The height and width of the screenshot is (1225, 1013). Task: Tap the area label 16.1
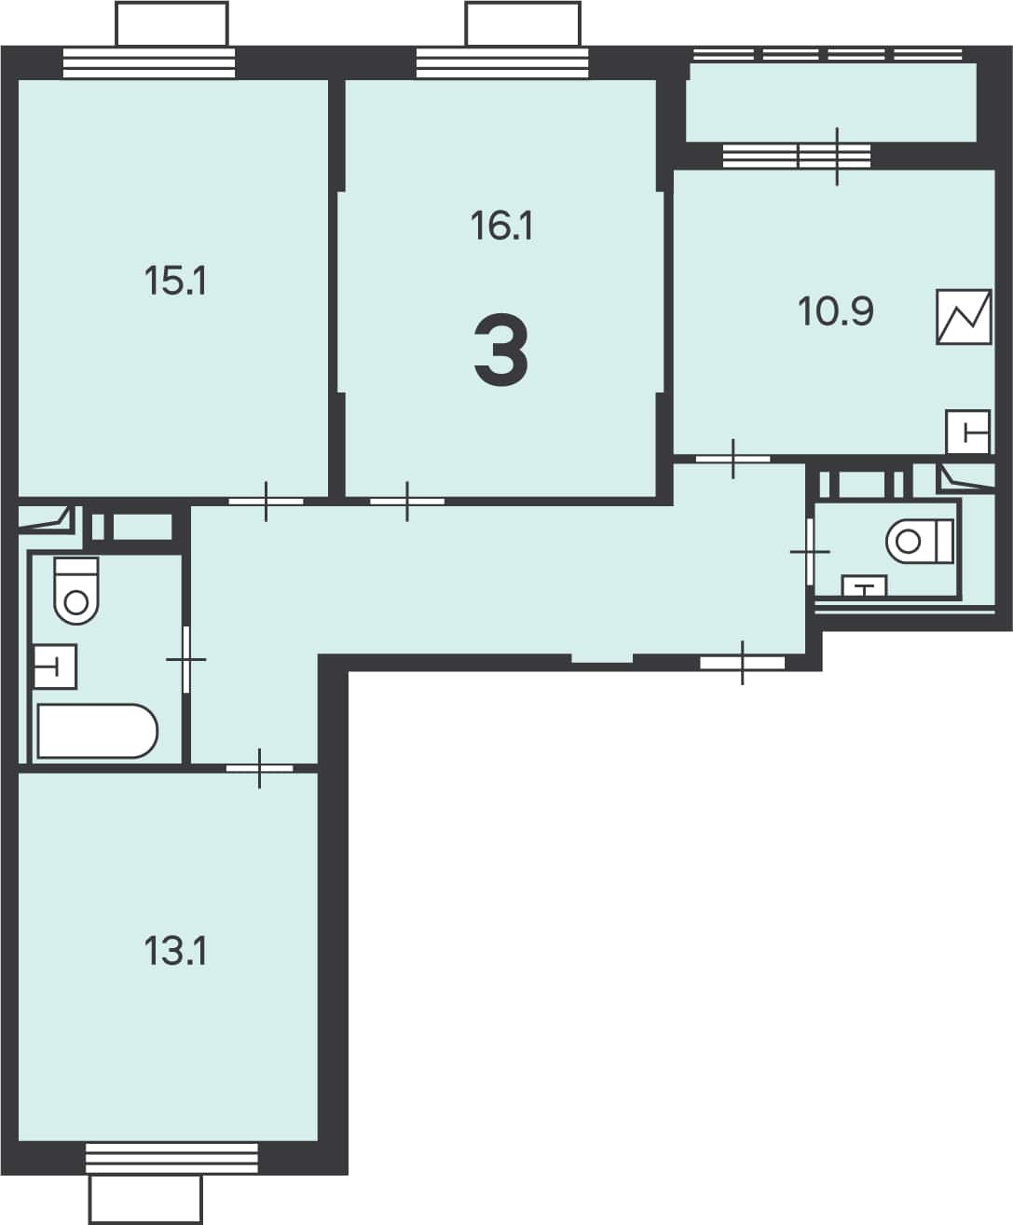502,226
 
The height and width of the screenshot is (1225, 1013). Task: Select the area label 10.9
836,311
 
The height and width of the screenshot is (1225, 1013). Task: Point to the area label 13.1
175,951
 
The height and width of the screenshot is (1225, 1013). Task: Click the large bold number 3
501,350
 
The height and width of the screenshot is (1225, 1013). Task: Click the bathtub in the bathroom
97,731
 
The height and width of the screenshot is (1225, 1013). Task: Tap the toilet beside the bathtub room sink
76,591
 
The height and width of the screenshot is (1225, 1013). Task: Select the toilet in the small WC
920,541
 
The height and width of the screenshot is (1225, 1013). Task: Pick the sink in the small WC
865,585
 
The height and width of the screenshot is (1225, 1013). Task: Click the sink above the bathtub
55,667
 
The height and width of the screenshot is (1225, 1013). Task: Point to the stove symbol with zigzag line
964,317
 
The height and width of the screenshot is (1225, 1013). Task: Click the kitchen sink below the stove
968,432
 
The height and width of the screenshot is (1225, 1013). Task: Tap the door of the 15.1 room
266,502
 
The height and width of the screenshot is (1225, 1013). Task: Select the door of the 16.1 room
407,502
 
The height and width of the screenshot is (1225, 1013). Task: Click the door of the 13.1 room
259,768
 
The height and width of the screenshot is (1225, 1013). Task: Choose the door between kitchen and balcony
837,157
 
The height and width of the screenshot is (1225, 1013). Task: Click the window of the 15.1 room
149,63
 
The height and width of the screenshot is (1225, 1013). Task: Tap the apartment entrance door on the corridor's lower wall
743,663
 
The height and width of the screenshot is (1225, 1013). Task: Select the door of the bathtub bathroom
186,659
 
